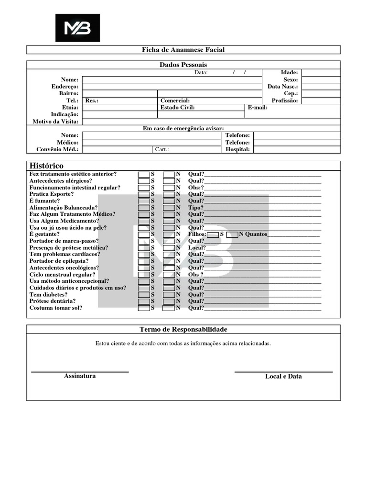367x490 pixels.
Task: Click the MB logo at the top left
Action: click(77, 28)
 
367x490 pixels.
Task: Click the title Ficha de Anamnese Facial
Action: click(183, 50)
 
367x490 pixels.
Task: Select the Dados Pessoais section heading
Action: click(183, 65)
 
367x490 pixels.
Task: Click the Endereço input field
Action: click(172, 87)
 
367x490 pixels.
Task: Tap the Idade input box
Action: click(321, 73)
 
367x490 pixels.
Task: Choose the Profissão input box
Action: click(321, 100)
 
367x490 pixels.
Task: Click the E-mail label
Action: click(258, 108)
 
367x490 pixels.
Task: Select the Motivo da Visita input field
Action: click(211, 122)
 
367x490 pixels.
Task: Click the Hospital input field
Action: click(296, 149)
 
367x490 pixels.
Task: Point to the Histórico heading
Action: click(46, 166)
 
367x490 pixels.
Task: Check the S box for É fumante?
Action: click(144, 201)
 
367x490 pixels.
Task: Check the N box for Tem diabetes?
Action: click(169, 295)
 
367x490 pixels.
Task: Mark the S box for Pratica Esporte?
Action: click(144, 194)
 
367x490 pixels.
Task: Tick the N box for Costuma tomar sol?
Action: click(169, 308)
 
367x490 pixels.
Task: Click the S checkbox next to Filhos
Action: click(213, 234)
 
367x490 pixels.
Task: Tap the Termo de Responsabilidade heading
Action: click(183, 330)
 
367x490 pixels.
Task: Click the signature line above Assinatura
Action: click(80, 371)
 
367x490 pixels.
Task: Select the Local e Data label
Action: click(283, 377)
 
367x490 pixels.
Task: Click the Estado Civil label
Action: click(178, 108)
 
